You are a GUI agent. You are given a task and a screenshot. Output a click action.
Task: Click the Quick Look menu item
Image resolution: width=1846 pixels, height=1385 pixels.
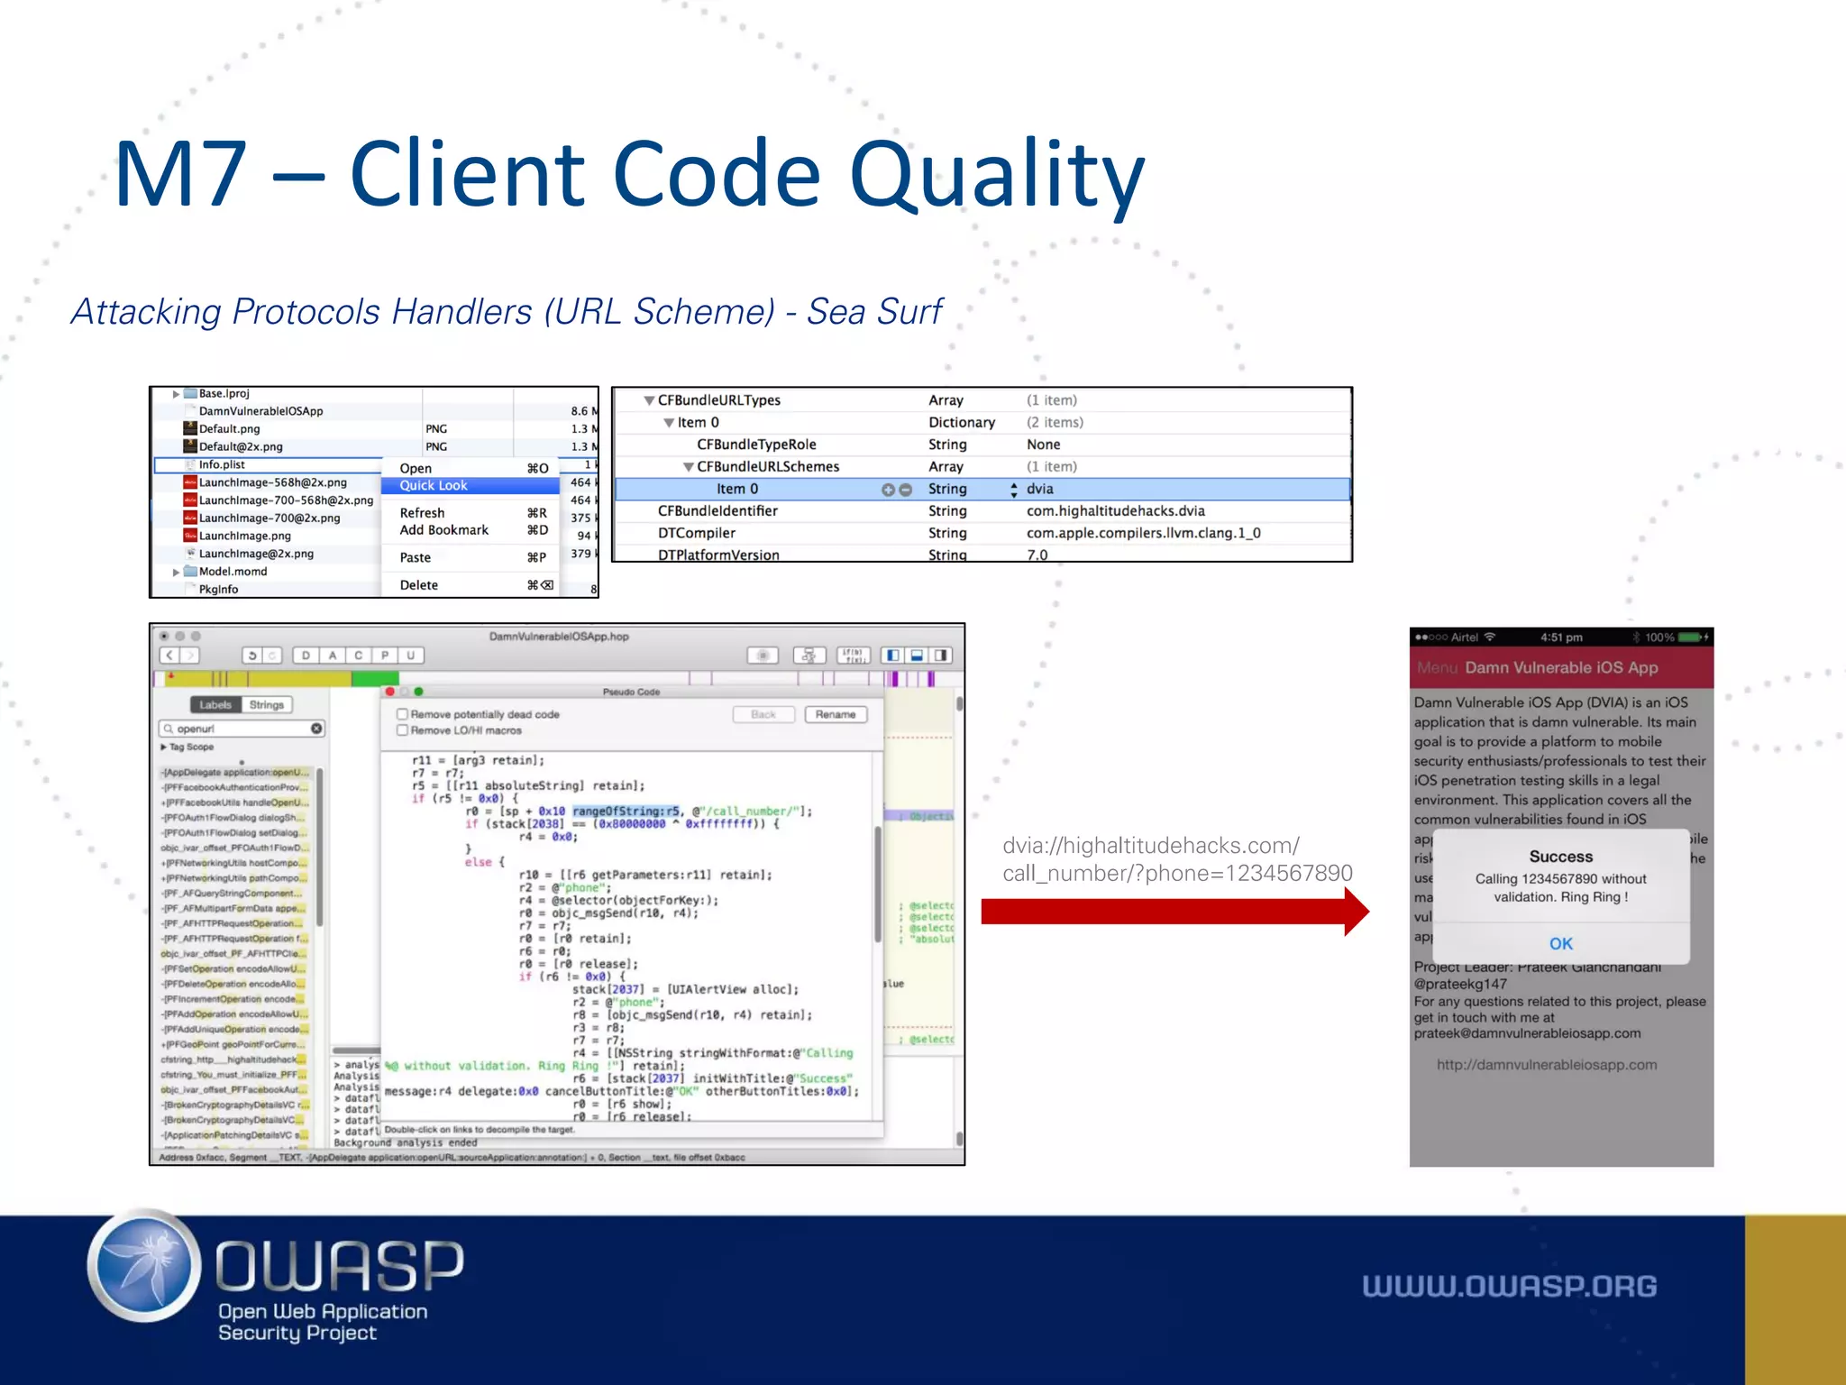tap(434, 486)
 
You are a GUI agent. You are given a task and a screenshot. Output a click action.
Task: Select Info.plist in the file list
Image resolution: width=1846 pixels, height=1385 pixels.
tap(222, 465)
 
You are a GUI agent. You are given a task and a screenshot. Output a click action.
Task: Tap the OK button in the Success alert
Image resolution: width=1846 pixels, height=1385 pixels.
tap(1560, 943)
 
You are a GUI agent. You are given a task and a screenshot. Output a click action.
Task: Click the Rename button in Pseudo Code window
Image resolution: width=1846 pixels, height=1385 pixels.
tap(835, 715)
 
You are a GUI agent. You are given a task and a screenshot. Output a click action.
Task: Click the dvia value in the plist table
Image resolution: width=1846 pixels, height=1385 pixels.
tap(1040, 489)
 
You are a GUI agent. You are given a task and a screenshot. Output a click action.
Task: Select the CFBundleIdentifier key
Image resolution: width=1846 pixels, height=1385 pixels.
tap(717, 511)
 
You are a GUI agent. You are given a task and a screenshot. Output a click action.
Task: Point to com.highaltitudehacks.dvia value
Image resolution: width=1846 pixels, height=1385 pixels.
tap(1115, 511)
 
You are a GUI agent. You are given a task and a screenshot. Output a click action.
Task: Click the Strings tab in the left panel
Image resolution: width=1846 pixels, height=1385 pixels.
tap(267, 705)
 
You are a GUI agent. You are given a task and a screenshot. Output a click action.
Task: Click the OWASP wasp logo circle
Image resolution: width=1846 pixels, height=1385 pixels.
tap(145, 1266)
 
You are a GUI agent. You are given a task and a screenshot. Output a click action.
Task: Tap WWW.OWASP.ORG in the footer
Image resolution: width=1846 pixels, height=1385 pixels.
tap(1509, 1287)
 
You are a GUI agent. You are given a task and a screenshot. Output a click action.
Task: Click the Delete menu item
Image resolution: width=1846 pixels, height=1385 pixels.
tap(419, 585)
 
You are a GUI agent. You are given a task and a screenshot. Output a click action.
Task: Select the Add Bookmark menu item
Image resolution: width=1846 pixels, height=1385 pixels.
tap(444, 530)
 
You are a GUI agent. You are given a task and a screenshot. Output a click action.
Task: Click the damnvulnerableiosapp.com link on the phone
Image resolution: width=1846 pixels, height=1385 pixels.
tap(1546, 1065)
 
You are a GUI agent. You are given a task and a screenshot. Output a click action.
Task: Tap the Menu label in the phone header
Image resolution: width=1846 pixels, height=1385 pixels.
tap(1436, 668)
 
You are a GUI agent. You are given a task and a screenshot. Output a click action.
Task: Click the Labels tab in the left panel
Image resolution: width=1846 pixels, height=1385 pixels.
tap(215, 705)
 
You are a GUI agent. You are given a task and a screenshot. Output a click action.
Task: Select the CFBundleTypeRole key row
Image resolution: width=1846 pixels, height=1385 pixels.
tap(756, 445)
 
